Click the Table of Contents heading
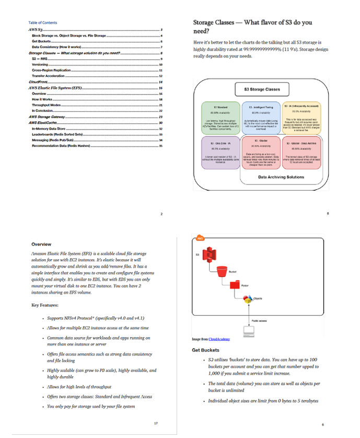click(43, 22)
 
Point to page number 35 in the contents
click(161, 145)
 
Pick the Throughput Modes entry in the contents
click(44, 105)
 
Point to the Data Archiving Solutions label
click(281, 177)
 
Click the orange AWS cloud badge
click(199, 239)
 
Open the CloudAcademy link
click(219, 340)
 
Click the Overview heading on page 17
click(41, 244)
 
